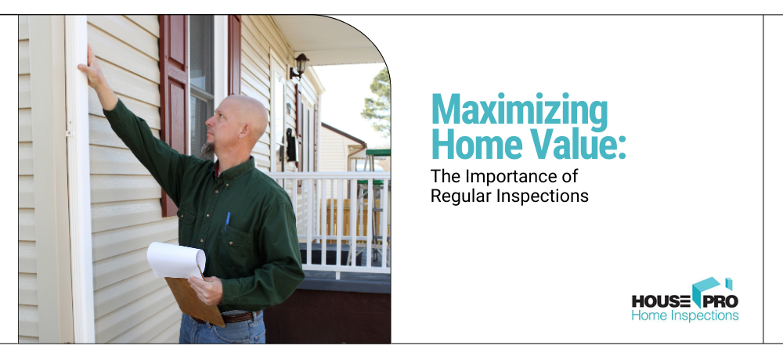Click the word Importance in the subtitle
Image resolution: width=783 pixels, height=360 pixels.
[x=516, y=177]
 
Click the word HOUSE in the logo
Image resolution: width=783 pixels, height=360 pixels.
[x=662, y=301]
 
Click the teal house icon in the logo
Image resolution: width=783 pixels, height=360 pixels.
[x=709, y=290]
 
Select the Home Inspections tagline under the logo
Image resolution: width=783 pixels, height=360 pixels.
[x=685, y=315]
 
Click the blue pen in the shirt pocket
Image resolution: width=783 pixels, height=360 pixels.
[x=227, y=220]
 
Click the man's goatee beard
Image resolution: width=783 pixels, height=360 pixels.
[x=207, y=149]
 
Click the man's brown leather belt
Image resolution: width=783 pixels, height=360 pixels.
[x=236, y=317]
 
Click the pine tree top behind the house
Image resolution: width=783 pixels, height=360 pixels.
[x=378, y=100]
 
